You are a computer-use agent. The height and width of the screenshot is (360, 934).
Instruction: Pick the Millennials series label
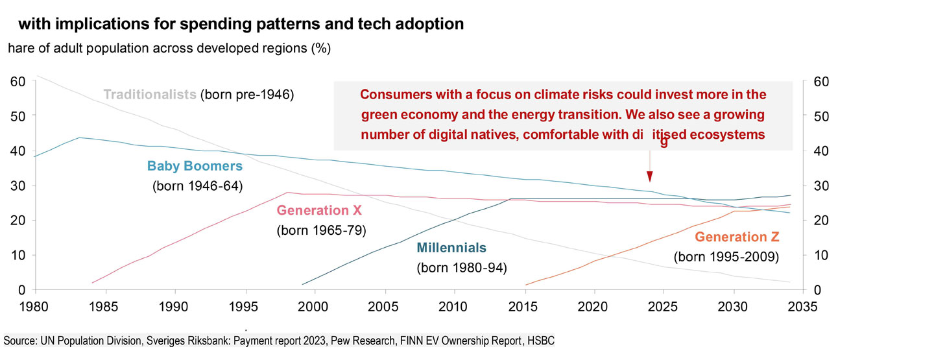point(451,248)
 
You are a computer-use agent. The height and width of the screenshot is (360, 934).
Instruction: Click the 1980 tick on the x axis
point(35,304)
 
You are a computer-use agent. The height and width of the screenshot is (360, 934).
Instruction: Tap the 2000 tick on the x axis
point(314,304)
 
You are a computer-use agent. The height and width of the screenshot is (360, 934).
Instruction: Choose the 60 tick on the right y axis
point(811,81)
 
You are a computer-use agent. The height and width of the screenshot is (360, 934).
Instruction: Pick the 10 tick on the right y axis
point(811,255)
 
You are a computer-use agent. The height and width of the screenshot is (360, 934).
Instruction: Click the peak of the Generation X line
point(287,192)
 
